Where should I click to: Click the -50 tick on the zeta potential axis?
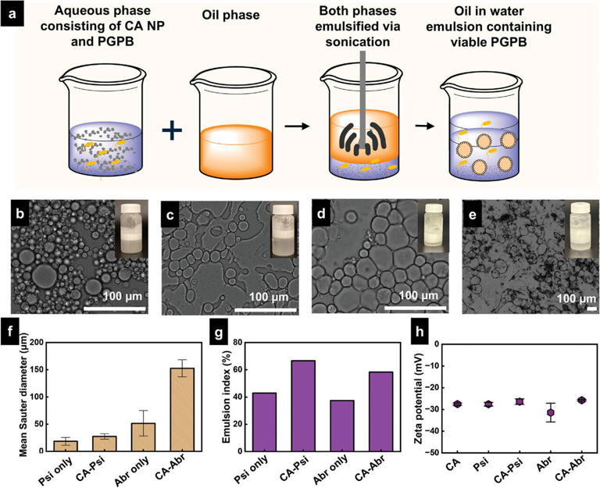(419, 451)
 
